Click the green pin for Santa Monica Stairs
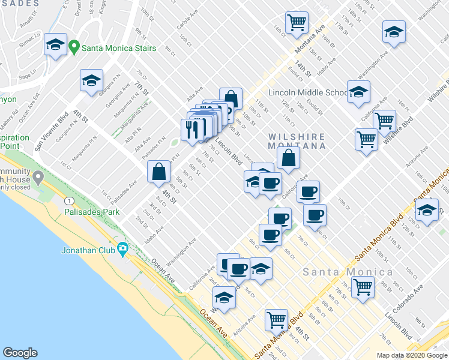tap(74, 46)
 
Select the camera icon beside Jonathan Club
tap(123, 248)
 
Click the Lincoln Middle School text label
tap(307, 93)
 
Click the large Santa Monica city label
tap(348, 272)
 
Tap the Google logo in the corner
tap(20, 353)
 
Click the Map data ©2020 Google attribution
tap(411, 355)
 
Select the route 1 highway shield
tap(71, 200)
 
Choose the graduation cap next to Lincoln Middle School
tap(358, 92)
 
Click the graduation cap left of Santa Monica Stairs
tap(55, 45)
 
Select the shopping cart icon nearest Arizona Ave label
tap(276, 319)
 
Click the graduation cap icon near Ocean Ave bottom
tap(224, 298)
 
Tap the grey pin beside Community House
tap(38, 178)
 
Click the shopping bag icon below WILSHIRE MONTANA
tap(289, 158)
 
